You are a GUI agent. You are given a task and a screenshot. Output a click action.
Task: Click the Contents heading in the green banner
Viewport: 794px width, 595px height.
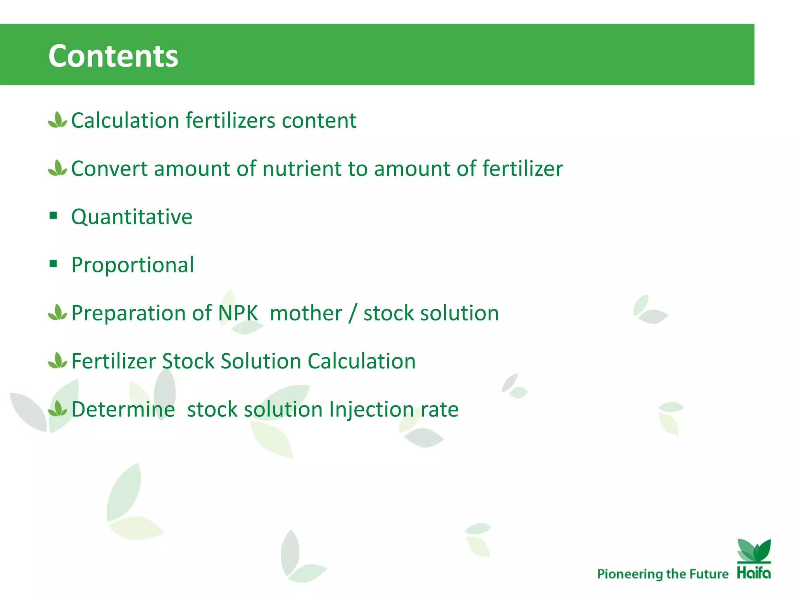tap(113, 56)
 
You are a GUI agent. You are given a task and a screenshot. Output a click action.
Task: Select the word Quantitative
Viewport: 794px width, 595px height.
tap(132, 217)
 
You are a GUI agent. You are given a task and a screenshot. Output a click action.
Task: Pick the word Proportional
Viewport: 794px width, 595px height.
tap(133, 265)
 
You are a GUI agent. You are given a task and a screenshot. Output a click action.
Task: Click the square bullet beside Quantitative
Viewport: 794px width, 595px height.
tap(53, 215)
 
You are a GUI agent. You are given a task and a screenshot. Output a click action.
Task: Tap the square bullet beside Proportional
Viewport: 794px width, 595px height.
tap(53, 264)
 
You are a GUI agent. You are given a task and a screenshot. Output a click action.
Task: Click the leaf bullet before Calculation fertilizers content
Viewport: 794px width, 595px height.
tap(57, 120)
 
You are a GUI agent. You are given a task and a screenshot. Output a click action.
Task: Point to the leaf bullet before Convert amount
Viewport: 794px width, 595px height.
tap(57, 169)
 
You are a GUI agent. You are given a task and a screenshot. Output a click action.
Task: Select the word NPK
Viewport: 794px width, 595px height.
tap(238, 313)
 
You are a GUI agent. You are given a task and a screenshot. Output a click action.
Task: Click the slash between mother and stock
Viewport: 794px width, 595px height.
tap(352, 314)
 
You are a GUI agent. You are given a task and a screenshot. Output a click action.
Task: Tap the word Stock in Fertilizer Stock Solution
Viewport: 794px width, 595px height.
tap(188, 361)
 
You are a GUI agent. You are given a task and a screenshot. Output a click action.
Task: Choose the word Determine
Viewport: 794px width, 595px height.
tap(123, 409)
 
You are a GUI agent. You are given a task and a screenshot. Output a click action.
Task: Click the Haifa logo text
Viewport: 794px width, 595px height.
tap(754, 573)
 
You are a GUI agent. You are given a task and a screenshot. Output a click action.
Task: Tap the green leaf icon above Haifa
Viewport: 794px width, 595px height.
tap(754, 550)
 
